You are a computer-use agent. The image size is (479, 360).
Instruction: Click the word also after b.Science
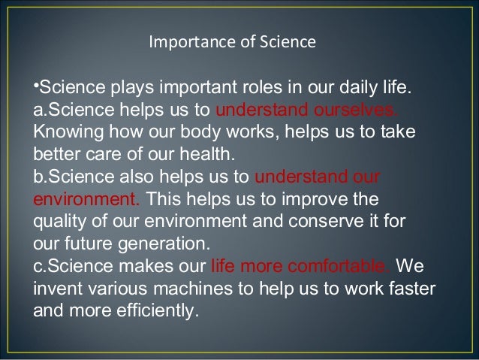(133, 179)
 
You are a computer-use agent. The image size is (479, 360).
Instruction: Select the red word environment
(84, 201)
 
